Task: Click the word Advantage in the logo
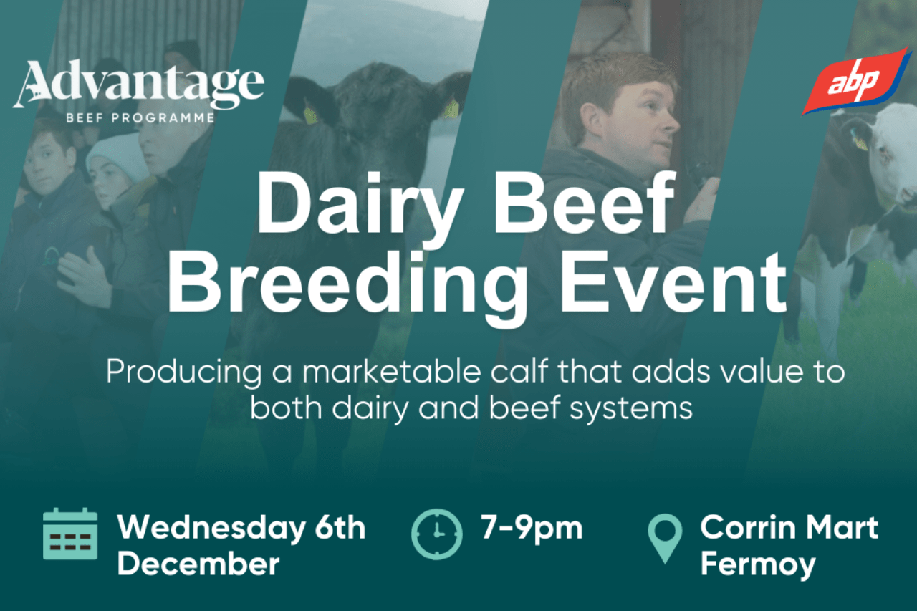coord(138,85)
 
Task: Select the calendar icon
coord(70,534)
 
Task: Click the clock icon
coord(436,534)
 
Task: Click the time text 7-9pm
coord(531,528)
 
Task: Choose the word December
coord(198,564)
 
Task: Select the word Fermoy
coord(757,564)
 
